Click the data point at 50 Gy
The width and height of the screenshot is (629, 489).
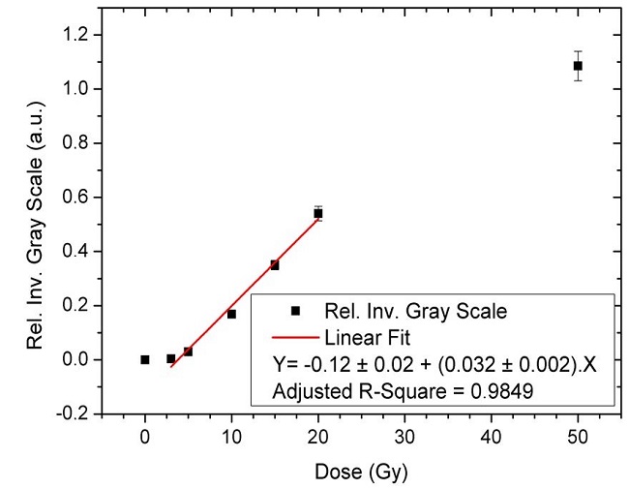tap(578, 66)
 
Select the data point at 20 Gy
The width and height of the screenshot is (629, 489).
tap(317, 213)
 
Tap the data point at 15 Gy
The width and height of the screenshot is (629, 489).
tap(275, 264)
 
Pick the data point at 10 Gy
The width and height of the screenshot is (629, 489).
tap(231, 314)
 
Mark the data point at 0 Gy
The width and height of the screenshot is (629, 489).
tap(145, 359)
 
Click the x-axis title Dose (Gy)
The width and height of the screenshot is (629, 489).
tap(361, 474)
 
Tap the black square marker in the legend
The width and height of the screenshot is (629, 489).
tap(296, 311)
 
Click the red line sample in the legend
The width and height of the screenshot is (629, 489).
tap(296, 338)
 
